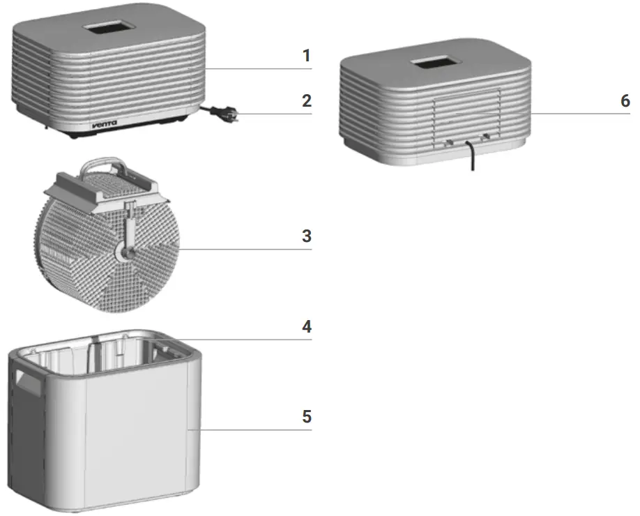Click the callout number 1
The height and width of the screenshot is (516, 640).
point(306,55)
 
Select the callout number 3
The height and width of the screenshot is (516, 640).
point(306,236)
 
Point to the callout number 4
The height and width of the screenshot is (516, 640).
point(306,326)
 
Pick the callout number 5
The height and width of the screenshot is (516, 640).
point(306,416)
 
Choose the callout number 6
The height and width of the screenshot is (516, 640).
point(625,100)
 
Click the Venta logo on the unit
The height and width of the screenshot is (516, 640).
point(105,125)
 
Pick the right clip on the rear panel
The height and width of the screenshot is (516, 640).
point(486,137)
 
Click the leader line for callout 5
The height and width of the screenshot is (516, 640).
point(251,430)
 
